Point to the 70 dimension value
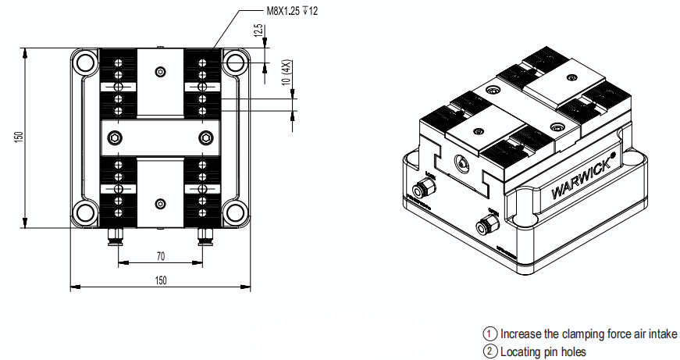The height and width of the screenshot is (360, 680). [160, 255]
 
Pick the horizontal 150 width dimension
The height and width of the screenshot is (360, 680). [160, 280]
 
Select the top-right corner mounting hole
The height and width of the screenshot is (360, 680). [234, 62]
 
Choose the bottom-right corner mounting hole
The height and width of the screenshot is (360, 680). [234, 212]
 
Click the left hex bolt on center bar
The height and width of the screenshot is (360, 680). [116, 138]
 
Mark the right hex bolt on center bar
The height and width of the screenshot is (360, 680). [205, 138]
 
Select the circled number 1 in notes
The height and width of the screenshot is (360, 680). [490, 333]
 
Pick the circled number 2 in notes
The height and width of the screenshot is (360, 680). [490, 351]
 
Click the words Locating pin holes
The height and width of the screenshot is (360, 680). [543, 351]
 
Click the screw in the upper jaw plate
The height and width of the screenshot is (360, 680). [160, 72]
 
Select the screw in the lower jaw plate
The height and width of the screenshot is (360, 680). [160, 205]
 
